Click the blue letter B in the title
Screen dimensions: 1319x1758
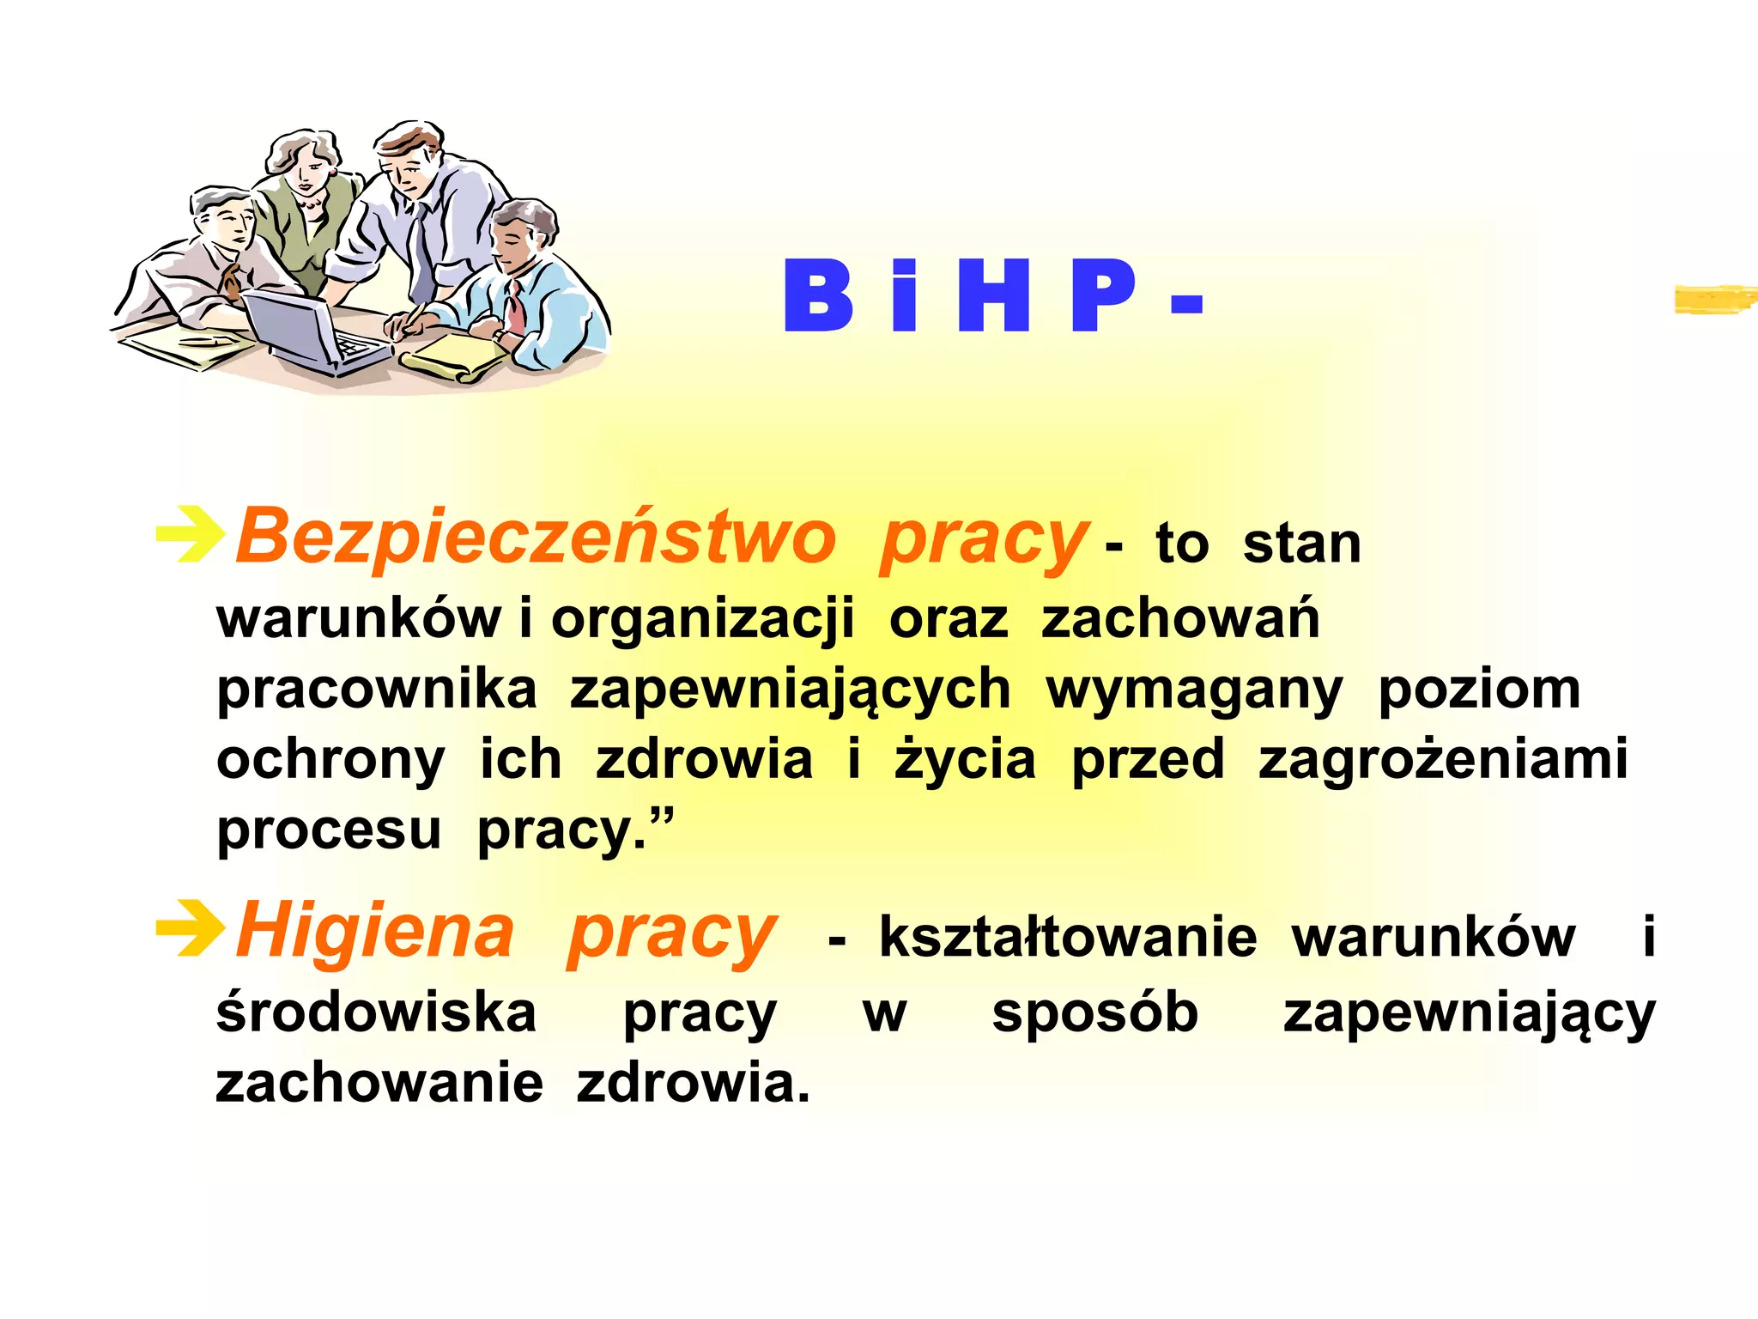[818, 295]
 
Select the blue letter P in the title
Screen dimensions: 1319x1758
[1103, 295]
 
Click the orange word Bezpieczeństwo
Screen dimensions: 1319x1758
[536, 538]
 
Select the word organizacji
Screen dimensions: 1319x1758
[702, 619]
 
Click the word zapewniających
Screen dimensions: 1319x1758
[790, 691]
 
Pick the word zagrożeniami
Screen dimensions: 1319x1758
[1443, 761]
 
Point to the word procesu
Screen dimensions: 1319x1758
[329, 831]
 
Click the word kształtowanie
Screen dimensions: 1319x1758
[1068, 937]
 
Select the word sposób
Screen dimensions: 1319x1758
[1094, 1014]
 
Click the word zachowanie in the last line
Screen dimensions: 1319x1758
[379, 1083]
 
